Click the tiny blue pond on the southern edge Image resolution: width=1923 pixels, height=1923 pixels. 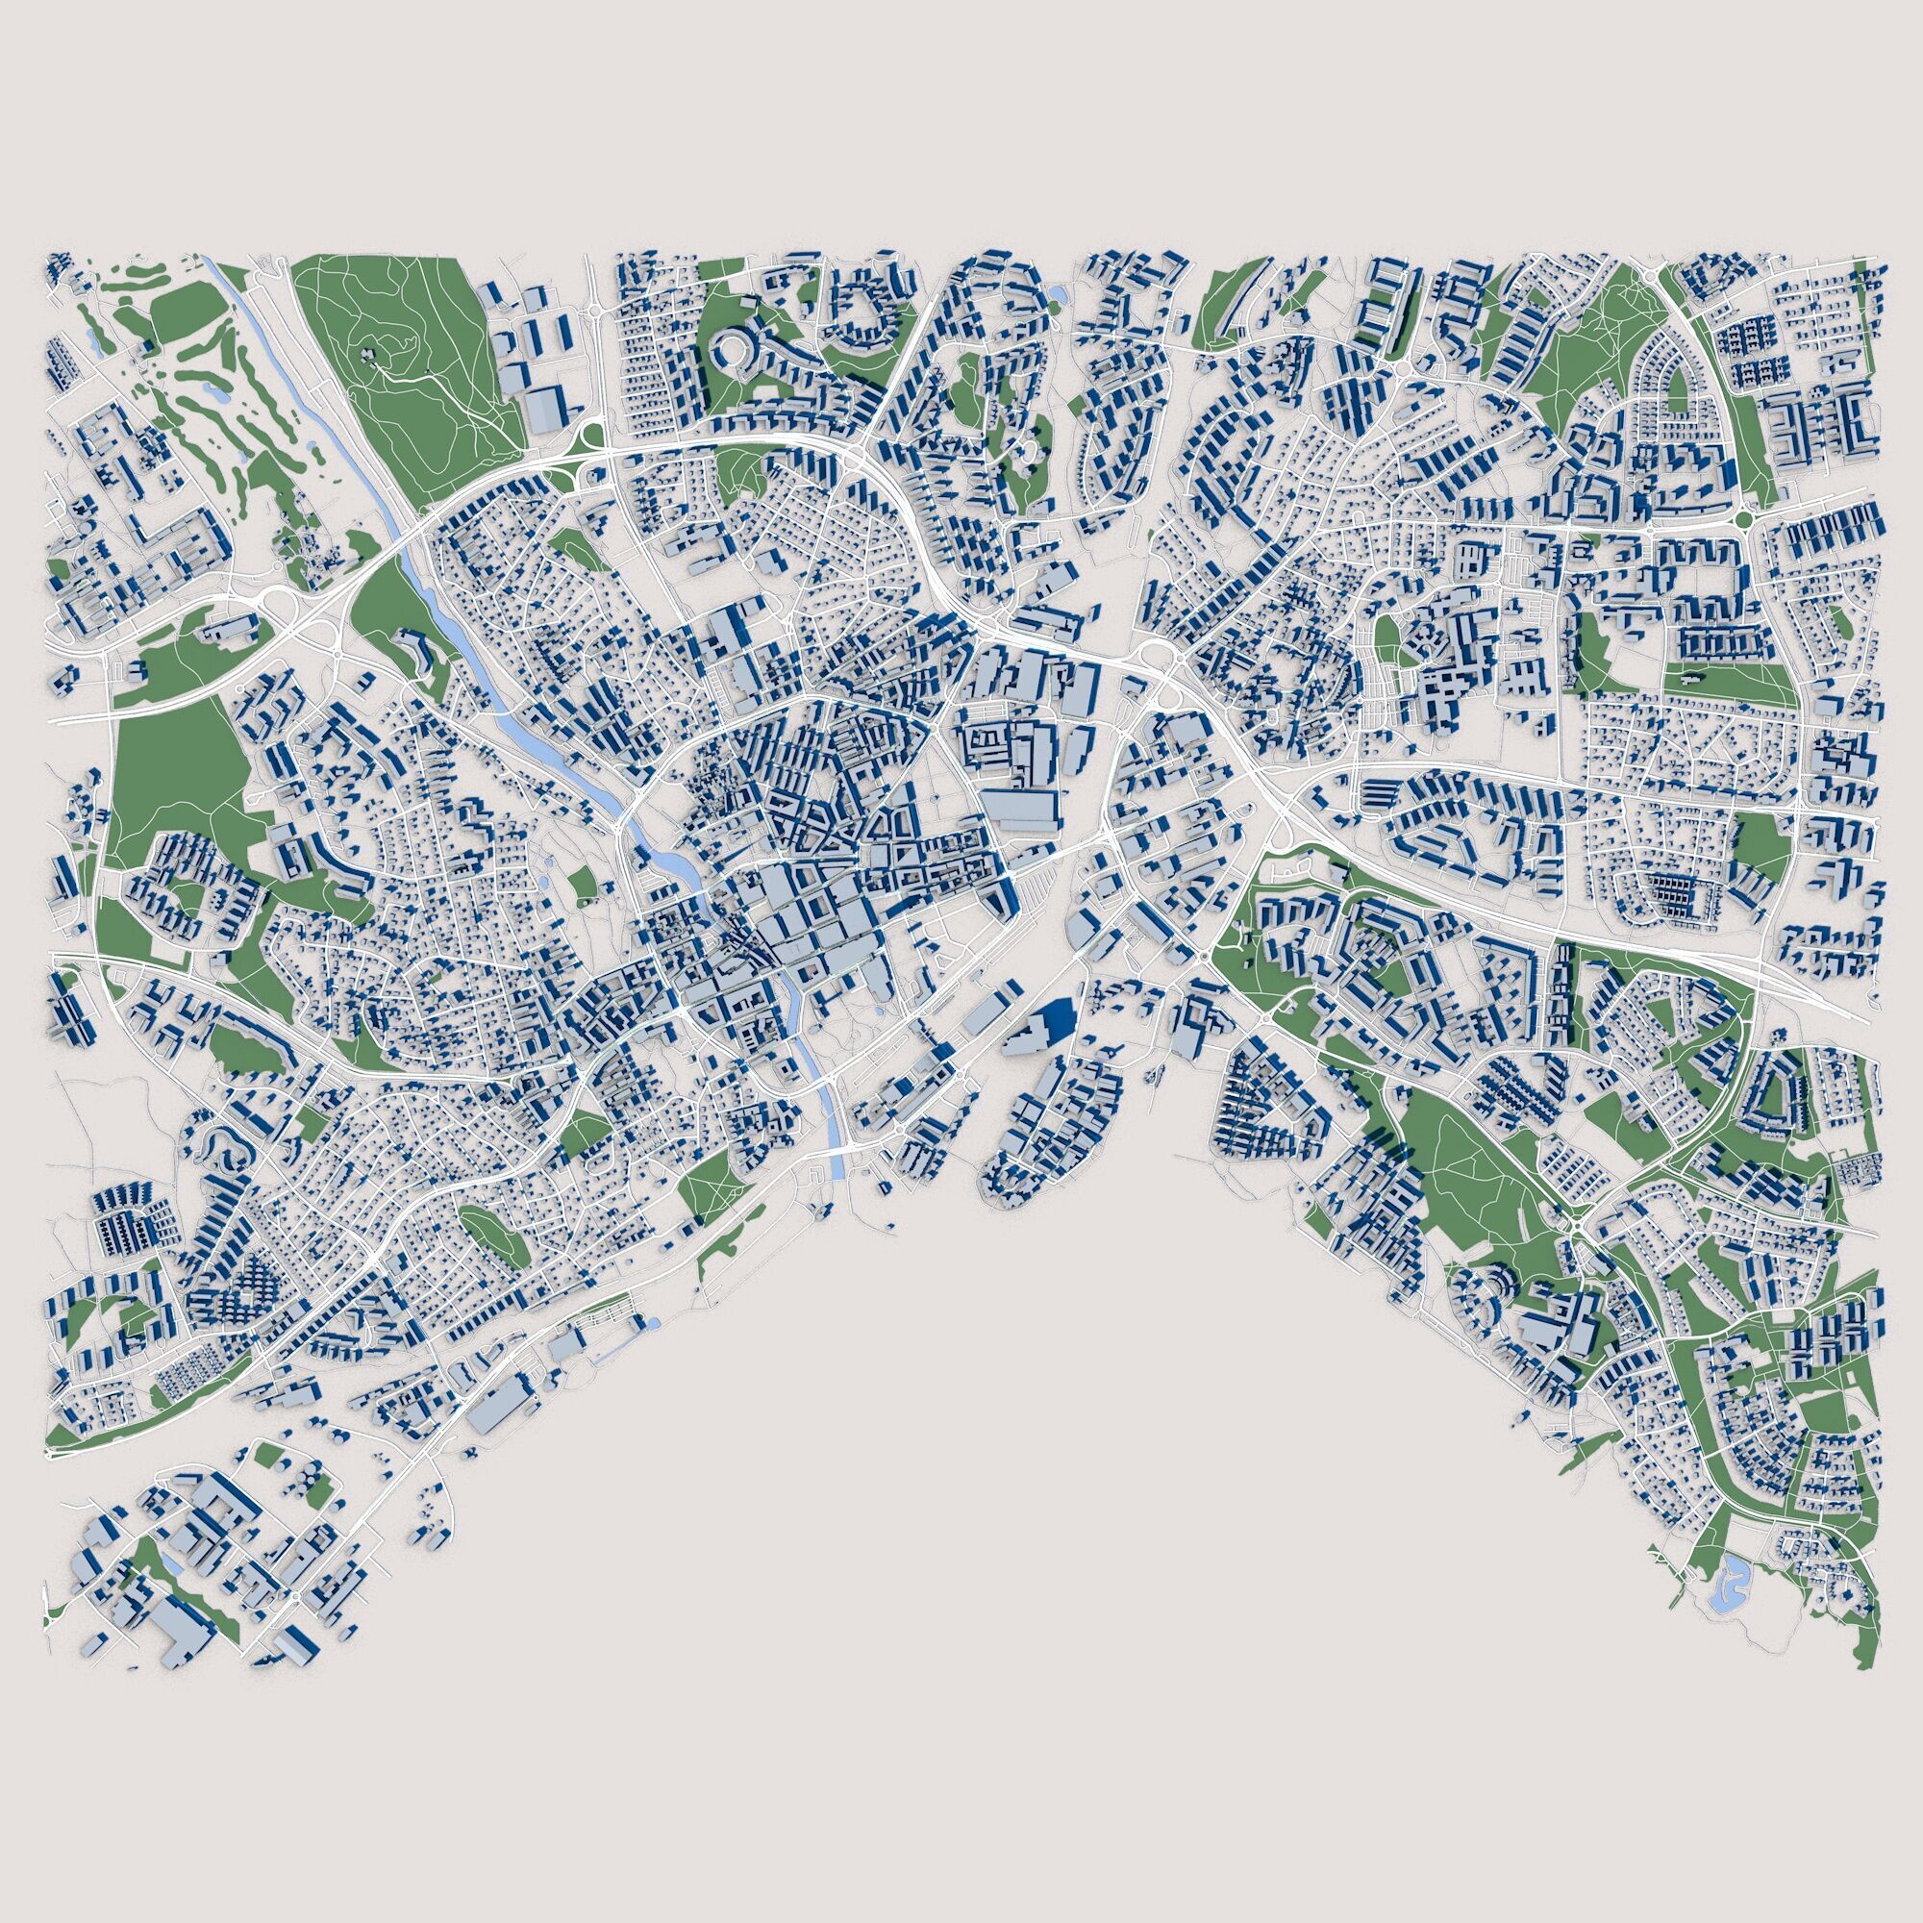point(653,1322)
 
